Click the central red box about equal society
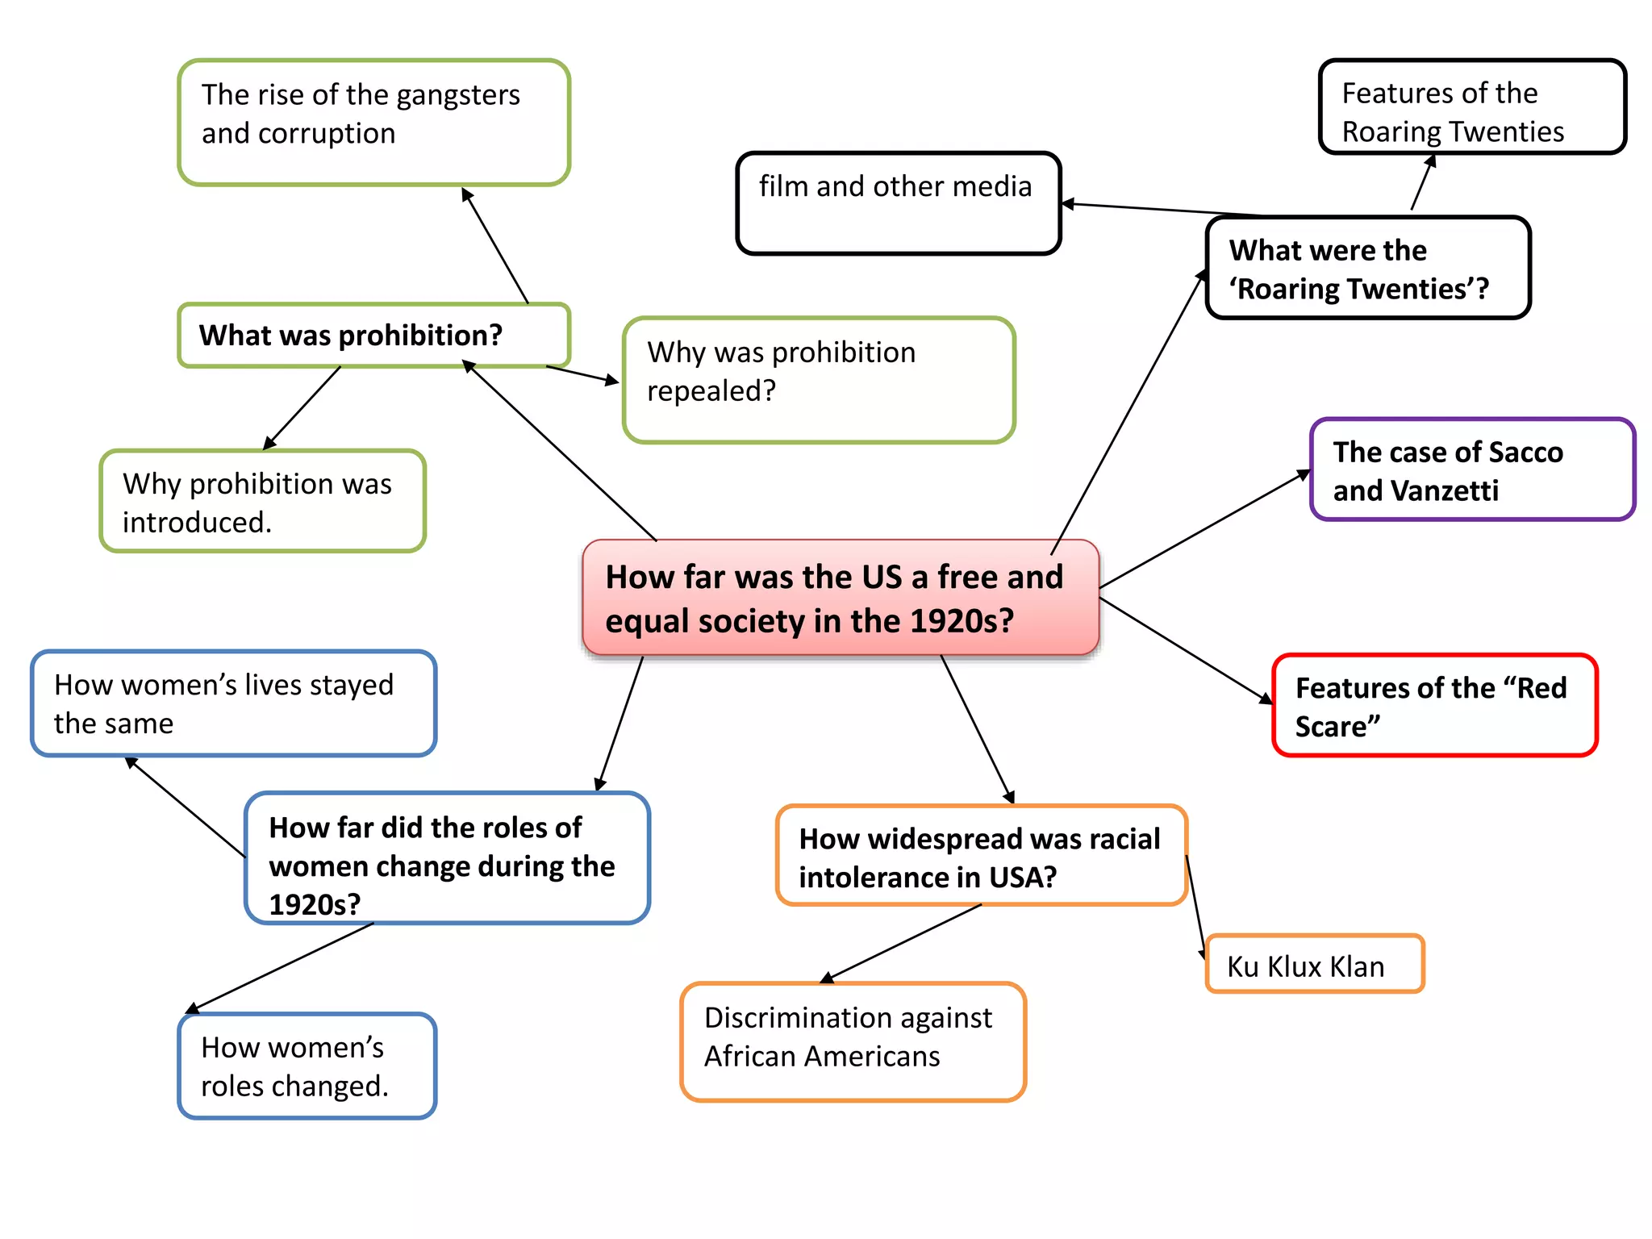point(840,598)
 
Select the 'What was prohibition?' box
point(373,336)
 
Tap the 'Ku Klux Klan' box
point(1314,965)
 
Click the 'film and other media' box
point(898,204)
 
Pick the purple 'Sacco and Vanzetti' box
point(1471,470)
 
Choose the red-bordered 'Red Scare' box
point(1434,706)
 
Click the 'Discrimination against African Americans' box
point(853,1041)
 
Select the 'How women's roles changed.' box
point(307,1066)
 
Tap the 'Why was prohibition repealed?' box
point(818,380)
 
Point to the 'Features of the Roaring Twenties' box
point(1471,107)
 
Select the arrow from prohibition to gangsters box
point(495,246)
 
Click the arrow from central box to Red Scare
point(1186,651)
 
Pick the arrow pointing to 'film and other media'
point(1162,209)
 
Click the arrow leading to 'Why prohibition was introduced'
point(302,408)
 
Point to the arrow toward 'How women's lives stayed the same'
point(186,807)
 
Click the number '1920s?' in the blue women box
point(315,904)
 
